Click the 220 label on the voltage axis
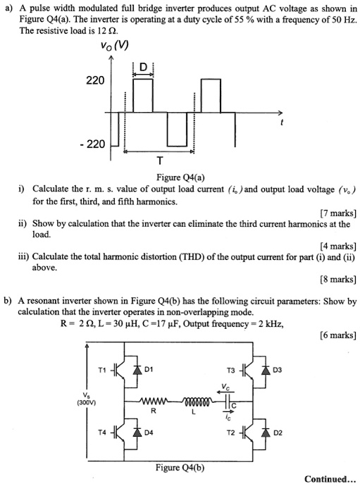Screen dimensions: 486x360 (x=95, y=81)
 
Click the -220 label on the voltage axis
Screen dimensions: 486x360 (x=93, y=144)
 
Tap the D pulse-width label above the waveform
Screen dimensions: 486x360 (x=144, y=68)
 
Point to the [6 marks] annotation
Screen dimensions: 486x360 (x=333, y=335)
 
